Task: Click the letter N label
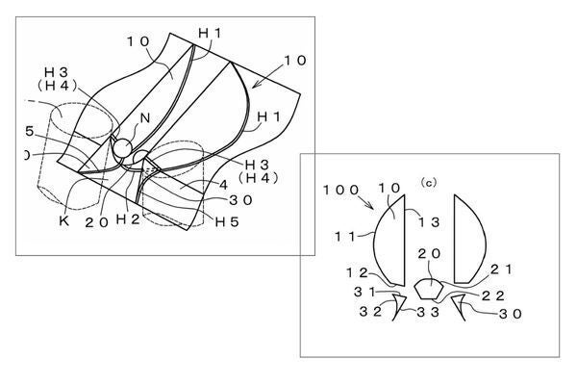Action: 145,117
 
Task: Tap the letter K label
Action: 64,220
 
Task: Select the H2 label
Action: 128,219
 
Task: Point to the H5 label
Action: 227,221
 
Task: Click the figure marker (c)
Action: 429,182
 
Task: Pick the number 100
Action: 340,191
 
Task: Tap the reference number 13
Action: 429,222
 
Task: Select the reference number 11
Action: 345,236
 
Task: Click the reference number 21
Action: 501,269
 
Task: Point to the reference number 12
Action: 357,273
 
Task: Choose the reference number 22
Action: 492,295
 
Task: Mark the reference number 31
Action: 364,293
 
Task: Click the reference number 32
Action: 370,312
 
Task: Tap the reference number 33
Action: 428,313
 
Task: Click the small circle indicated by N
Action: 122,147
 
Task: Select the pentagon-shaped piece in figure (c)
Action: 429,289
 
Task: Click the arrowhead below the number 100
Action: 370,206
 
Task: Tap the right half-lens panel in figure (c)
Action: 468,240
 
